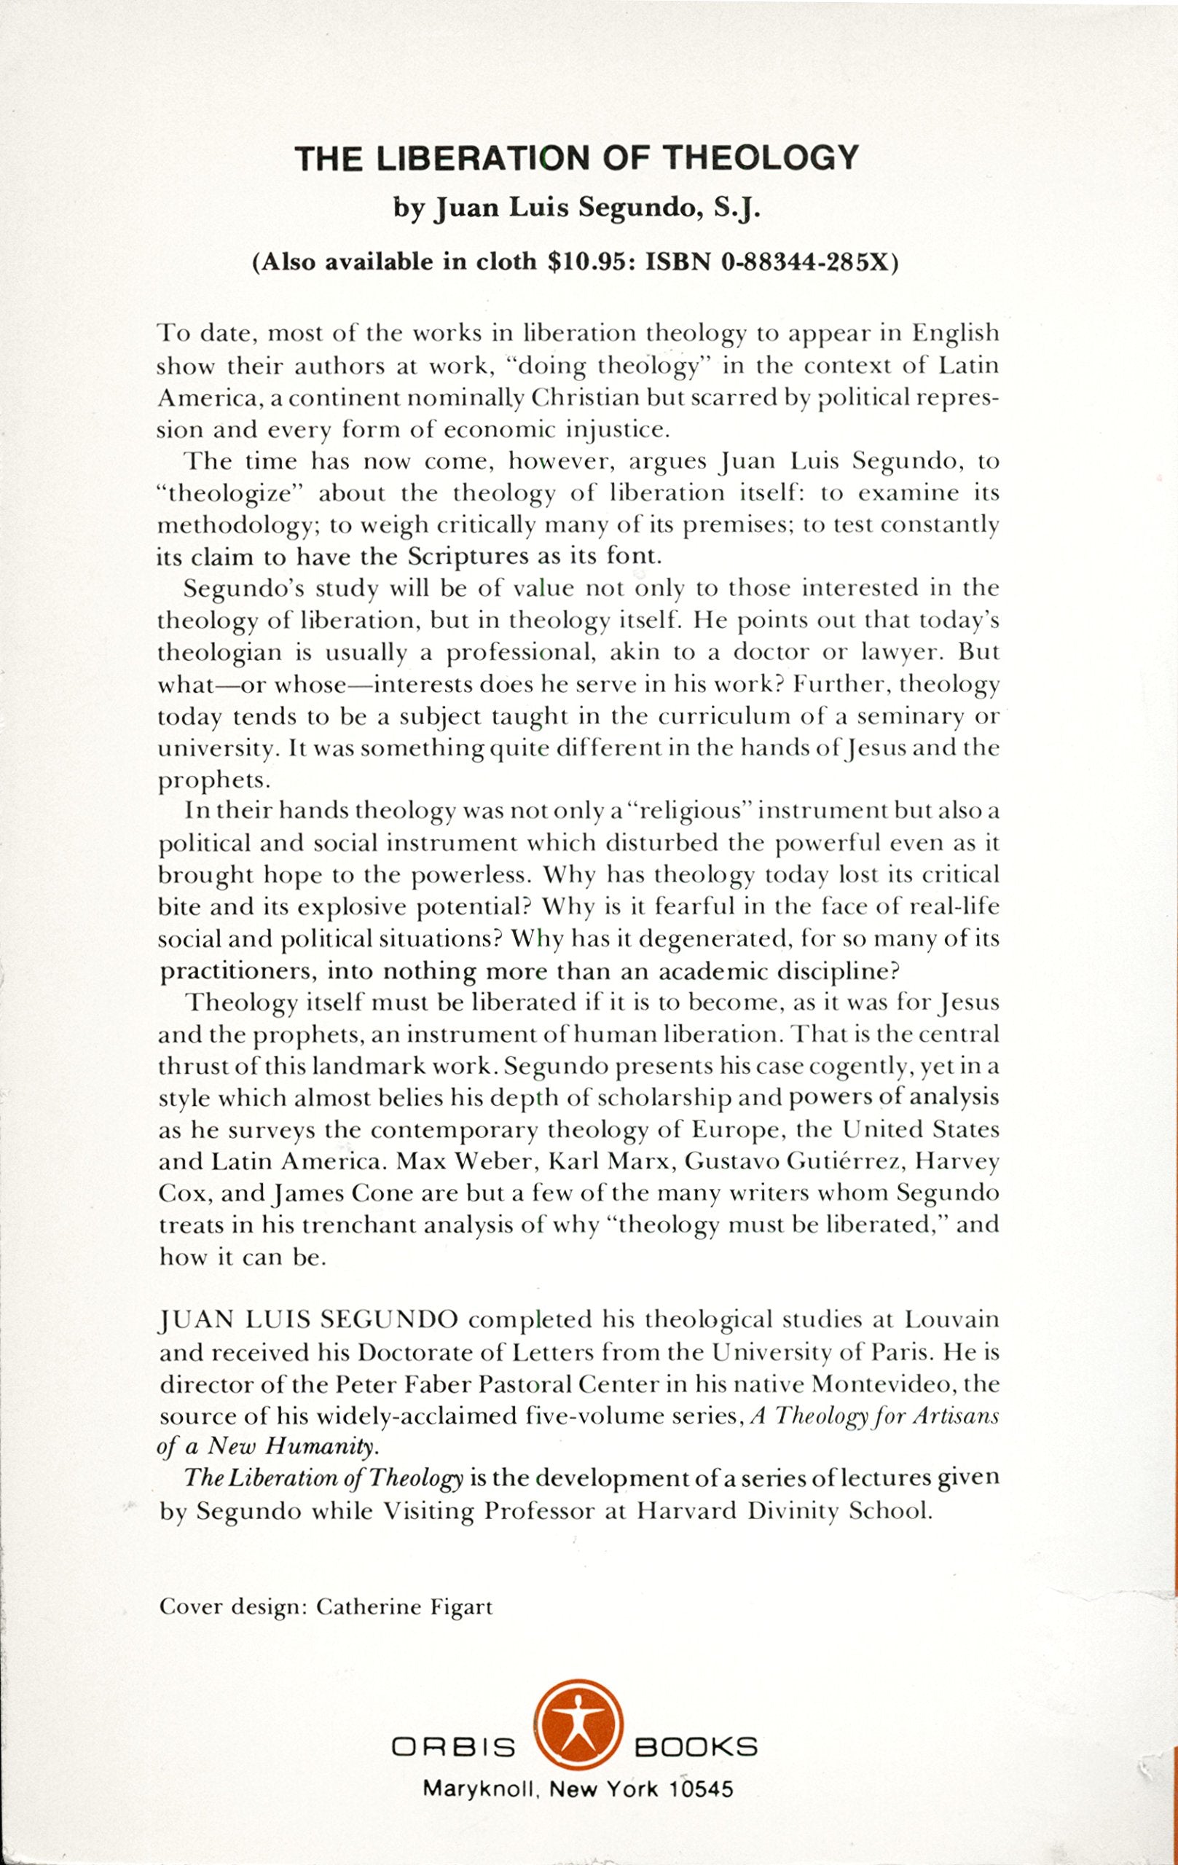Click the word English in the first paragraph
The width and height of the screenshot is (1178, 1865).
pyautogui.click(x=954, y=334)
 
